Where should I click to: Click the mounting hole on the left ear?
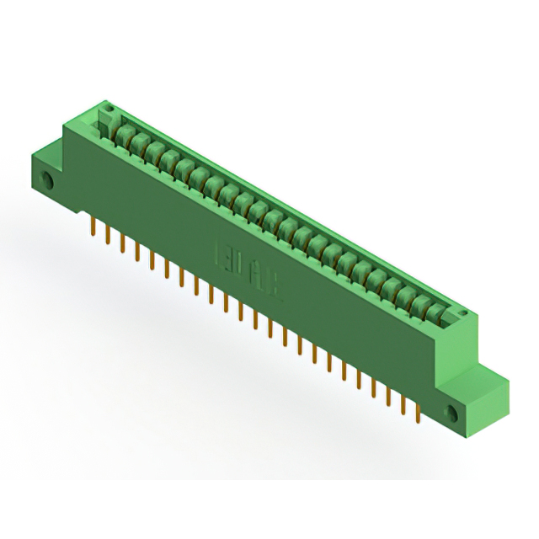[48, 181]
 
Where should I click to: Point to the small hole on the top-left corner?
[107, 110]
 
